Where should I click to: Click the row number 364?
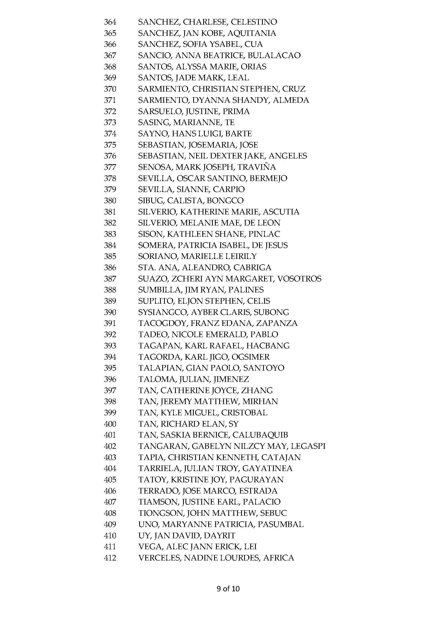[110, 22]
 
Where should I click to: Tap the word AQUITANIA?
[252, 33]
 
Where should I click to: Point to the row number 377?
[110, 167]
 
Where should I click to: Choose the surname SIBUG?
[151, 201]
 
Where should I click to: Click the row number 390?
[110, 312]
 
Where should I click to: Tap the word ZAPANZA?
[277, 324]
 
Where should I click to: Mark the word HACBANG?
[268, 346]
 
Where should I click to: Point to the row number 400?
[110, 424]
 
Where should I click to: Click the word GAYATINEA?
[267, 469]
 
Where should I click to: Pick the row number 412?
[110, 558]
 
